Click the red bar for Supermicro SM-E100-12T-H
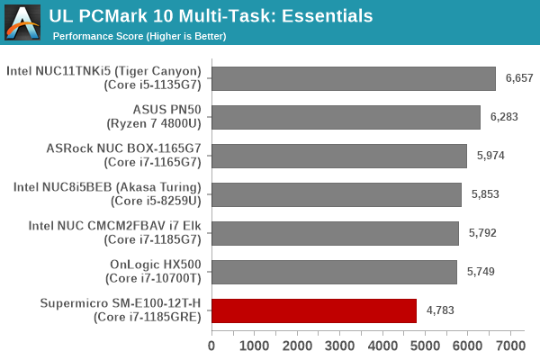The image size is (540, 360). (314, 310)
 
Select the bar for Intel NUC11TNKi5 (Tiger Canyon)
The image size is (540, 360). (354, 78)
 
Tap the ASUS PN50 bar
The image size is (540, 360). (346, 117)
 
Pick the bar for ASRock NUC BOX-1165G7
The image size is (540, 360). (339, 156)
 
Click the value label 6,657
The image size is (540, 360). (519, 78)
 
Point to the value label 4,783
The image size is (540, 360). (439, 310)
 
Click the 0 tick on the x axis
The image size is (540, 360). (212, 346)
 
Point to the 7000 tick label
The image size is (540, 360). (510, 346)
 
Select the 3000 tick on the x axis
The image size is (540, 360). (339, 346)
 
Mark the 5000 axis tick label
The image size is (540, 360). (425, 346)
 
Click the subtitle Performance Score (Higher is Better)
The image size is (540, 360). (139, 36)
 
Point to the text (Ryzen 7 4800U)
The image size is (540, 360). (157, 124)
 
